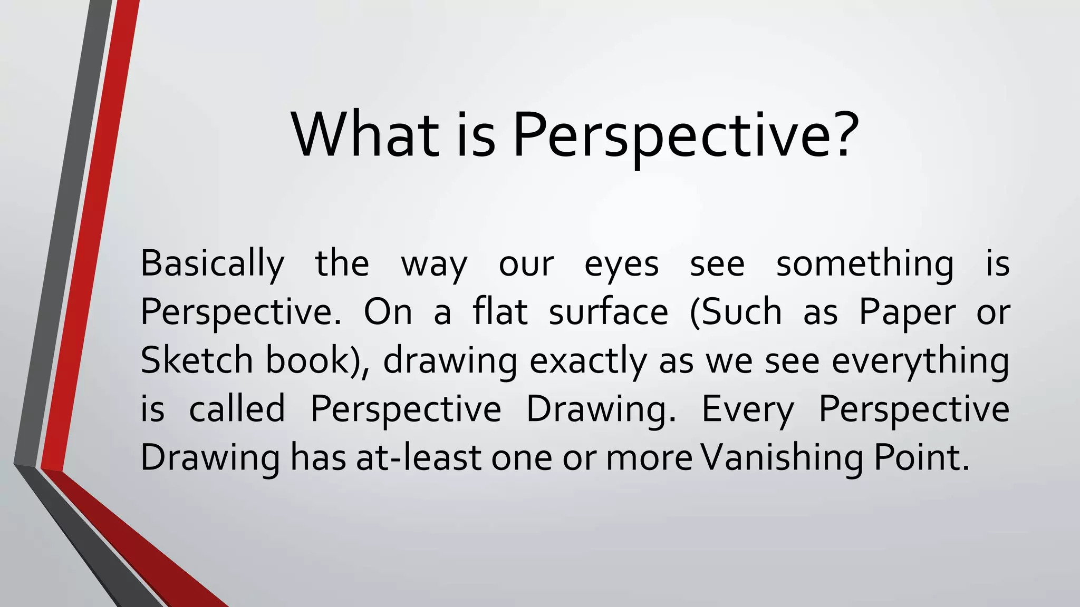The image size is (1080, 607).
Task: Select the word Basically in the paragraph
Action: [x=213, y=263]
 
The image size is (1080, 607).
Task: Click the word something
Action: [x=865, y=263]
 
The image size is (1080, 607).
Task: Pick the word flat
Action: [x=500, y=311]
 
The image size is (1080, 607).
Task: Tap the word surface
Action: [x=609, y=311]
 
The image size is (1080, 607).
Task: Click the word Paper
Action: [x=907, y=312]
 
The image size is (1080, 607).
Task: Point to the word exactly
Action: [x=588, y=361]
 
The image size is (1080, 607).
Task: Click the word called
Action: [x=237, y=409]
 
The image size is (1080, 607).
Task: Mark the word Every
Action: [x=747, y=410]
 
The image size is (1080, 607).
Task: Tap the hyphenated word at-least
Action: [x=418, y=457]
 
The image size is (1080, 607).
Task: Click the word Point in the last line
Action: [x=921, y=457]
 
